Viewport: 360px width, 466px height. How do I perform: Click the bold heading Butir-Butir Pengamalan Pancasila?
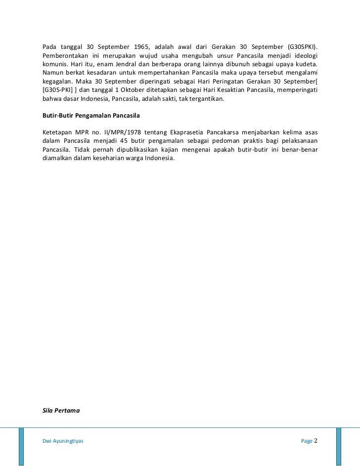click(92, 116)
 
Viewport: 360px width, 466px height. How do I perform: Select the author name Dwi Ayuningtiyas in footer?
click(63, 440)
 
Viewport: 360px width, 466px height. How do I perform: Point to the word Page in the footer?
click(307, 440)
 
